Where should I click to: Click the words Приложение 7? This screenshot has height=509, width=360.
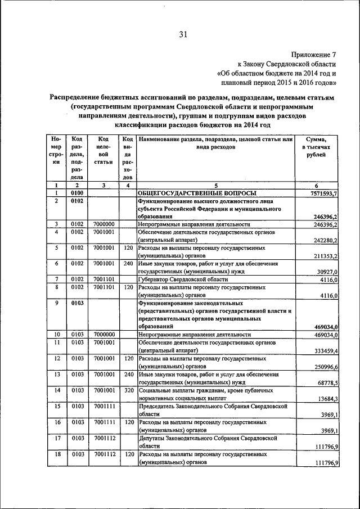[x=313, y=55]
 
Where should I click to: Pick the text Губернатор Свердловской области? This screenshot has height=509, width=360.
[x=183, y=279]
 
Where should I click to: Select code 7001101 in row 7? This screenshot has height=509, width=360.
[x=103, y=279]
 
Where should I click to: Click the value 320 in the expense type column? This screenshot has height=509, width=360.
[x=128, y=390]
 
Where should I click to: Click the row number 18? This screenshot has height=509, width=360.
[x=57, y=453]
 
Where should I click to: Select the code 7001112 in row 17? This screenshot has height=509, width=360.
[x=103, y=437]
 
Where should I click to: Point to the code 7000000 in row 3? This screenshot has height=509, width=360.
[x=103, y=224]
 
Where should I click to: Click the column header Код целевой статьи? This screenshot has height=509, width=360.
[x=103, y=147]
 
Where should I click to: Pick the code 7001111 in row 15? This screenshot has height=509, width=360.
[x=103, y=406]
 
